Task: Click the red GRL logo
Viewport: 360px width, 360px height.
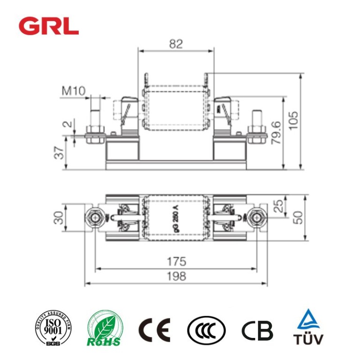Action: pos(49,26)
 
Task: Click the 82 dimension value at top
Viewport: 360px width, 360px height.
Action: pos(175,44)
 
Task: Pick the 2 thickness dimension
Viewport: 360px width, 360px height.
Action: pos(67,125)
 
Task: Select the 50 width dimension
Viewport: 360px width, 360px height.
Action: pos(298,217)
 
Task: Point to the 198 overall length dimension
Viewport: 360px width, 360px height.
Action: pos(175,277)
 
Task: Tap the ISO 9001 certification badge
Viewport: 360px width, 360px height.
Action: pos(52,328)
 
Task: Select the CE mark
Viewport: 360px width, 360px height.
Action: pos(154,330)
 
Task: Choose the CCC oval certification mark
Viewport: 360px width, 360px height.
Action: pos(206,330)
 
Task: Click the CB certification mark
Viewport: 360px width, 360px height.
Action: pos(257,330)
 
